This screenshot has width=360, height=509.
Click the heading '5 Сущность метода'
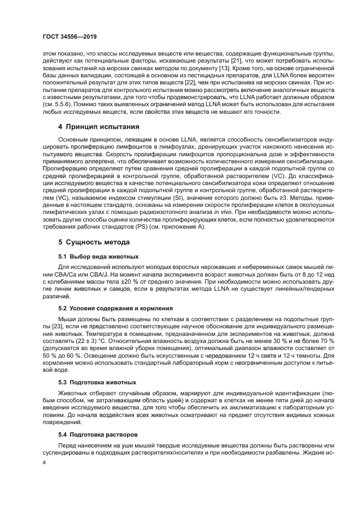[89, 241]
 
